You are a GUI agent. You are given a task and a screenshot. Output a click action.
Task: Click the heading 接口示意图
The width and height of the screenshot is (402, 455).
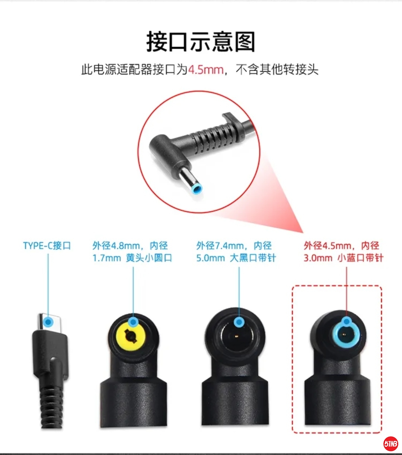[x=201, y=42]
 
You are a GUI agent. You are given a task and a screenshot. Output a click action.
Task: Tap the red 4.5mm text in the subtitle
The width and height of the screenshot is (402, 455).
[x=206, y=70]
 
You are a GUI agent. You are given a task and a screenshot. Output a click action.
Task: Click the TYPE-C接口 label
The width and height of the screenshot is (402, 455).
[x=47, y=246]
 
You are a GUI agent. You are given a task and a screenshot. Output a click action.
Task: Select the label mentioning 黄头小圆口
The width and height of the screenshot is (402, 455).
[x=132, y=252]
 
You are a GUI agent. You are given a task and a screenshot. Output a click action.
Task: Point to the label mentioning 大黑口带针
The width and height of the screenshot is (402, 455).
[x=236, y=252]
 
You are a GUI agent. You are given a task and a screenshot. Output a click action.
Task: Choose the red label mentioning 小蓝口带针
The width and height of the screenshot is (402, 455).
[x=344, y=252]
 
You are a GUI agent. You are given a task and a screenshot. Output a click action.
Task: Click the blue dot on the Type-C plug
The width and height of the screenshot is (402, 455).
[x=48, y=322]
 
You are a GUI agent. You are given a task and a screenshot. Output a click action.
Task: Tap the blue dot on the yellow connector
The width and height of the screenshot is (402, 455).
[x=133, y=322]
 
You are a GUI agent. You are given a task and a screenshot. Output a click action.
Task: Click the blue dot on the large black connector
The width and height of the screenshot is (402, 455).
[x=239, y=322]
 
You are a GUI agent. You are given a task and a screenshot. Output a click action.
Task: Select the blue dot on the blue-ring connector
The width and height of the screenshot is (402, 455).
[x=347, y=322]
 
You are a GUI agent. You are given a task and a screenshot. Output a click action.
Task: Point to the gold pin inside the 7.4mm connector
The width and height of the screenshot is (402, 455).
[x=236, y=336]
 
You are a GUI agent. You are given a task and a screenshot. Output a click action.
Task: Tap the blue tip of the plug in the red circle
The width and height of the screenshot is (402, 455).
[x=197, y=189]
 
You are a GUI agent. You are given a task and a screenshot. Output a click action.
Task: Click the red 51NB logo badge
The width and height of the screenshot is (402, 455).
[x=390, y=443]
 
